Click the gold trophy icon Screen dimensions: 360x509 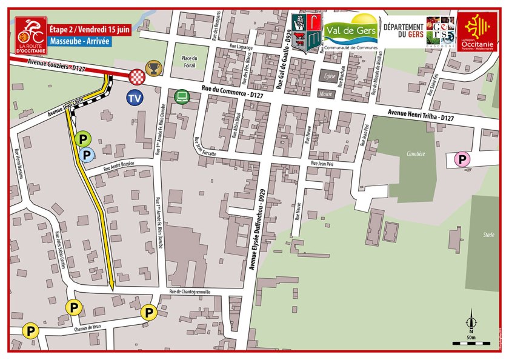154,68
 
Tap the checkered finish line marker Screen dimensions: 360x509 137,76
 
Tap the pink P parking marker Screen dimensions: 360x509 462,160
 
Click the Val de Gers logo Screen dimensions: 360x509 351,31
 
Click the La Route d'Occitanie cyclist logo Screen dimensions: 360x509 30,34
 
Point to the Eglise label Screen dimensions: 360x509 329,76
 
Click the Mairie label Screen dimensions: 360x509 327,94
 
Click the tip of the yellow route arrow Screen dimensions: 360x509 113,289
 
